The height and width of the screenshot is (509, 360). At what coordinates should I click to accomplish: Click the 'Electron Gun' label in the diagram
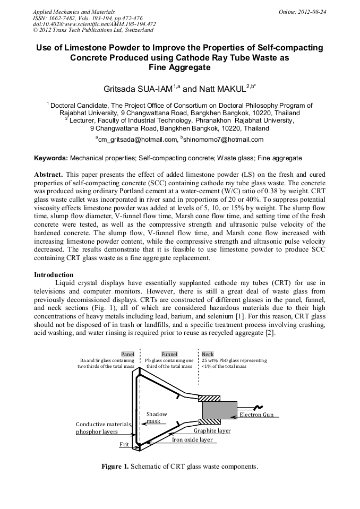[x=256, y=415]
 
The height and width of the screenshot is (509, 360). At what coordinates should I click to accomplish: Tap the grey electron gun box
[x=220, y=410]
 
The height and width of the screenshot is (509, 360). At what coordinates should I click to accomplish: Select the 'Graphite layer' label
[x=212, y=430]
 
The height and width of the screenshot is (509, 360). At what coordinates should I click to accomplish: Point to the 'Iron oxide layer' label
[x=192, y=439]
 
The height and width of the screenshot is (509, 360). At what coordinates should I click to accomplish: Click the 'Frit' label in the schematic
[x=124, y=444]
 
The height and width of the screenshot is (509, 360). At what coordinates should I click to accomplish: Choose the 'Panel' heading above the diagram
[x=127, y=354]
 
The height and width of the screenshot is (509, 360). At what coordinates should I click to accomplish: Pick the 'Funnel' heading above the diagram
[x=169, y=354]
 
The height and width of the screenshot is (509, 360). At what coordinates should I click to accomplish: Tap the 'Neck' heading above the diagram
[x=208, y=354]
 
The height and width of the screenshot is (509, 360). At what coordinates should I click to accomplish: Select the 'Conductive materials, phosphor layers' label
[x=104, y=428]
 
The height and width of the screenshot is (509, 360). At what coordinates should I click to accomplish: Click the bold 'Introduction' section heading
[x=54, y=274]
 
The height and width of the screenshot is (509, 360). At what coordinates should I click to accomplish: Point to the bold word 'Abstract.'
[x=49, y=174]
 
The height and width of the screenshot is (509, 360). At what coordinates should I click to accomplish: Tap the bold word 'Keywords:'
[x=51, y=158]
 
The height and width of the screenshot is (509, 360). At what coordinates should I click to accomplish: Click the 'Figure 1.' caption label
[x=115, y=467]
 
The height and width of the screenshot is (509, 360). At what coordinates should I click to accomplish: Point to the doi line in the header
[x=94, y=24]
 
